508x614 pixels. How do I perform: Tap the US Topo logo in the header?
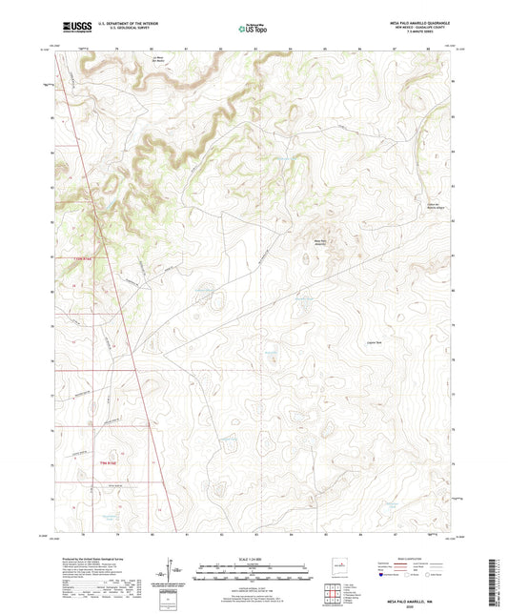[253, 29]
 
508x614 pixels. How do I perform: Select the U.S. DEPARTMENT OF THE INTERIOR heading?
[119, 25]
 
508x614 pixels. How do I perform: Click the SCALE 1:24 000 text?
[254, 559]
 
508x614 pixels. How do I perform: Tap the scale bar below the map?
[254, 575]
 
